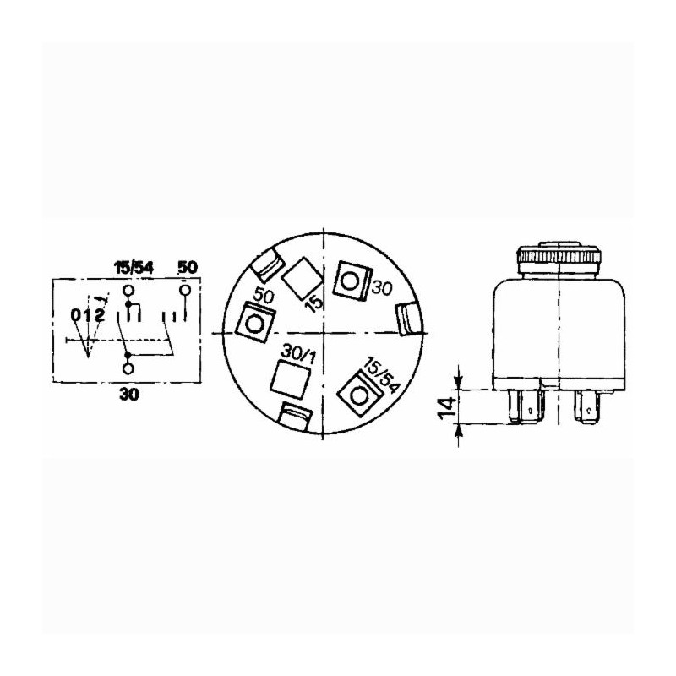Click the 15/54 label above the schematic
[134, 268]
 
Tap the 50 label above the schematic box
[188, 267]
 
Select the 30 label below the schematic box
[129, 394]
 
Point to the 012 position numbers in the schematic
[89, 315]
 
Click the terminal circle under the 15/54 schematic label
[128, 291]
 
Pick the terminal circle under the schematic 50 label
[185, 291]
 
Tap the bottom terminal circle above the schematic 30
[128, 368]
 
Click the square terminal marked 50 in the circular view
[255, 323]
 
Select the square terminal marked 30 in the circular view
[353, 281]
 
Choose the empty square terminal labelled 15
[302, 279]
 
